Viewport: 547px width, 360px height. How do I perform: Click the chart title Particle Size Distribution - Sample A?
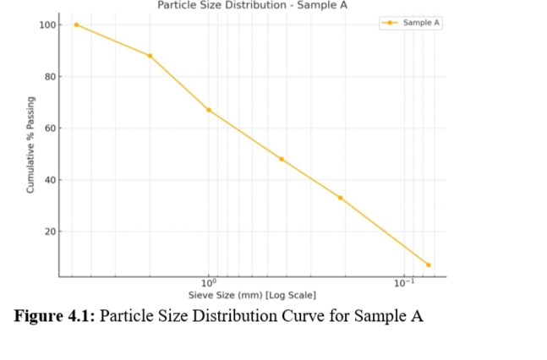252,5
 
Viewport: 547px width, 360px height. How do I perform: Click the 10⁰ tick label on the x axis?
210,283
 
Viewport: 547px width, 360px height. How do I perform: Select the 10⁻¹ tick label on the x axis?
404,283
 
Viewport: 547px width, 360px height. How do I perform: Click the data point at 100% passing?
76,25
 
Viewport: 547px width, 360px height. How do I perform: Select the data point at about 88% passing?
150,56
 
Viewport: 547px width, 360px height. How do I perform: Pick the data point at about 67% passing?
209,110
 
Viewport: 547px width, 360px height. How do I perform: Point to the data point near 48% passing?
282,159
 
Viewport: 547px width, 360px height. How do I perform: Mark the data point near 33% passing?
340,198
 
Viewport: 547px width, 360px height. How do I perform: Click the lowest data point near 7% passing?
429,265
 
